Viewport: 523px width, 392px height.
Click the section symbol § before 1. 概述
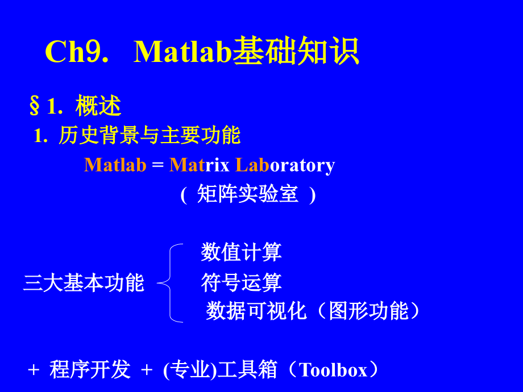[x=35, y=106]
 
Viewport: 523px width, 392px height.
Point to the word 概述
[x=98, y=106]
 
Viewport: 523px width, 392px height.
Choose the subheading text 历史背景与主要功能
[x=150, y=136]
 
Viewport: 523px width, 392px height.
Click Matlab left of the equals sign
[x=115, y=165]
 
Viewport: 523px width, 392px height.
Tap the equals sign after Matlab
[x=158, y=165]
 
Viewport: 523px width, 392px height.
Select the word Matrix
[x=199, y=165]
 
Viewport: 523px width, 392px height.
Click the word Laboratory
[x=285, y=165]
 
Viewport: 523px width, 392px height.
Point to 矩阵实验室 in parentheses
[x=248, y=194]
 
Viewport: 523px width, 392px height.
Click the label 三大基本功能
[x=84, y=282]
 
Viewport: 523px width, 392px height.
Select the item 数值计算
[x=241, y=252]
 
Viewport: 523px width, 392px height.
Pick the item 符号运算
[x=241, y=282]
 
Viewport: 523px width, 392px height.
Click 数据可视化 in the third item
[x=256, y=311]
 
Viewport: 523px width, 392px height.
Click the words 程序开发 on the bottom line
[x=90, y=370]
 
